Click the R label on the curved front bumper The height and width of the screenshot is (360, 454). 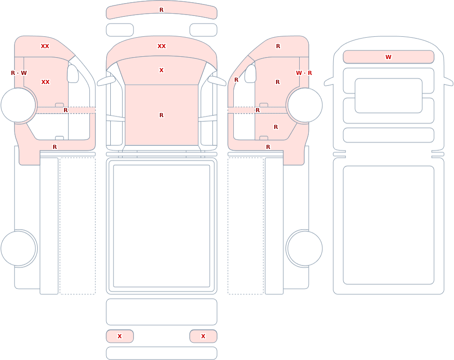point(162,10)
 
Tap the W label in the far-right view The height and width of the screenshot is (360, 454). point(388,57)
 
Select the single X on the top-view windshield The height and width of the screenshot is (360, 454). point(162,70)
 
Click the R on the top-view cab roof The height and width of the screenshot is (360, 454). point(162,115)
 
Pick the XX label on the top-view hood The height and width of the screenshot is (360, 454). point(162,46)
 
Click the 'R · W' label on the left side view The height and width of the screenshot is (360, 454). point(19,73)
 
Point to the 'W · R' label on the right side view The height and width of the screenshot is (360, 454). point(304,73)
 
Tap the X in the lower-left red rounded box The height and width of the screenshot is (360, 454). point(119,336)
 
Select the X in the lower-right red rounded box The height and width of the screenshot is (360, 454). point(203,336)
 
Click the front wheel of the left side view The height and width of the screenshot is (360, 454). point(18,105)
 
